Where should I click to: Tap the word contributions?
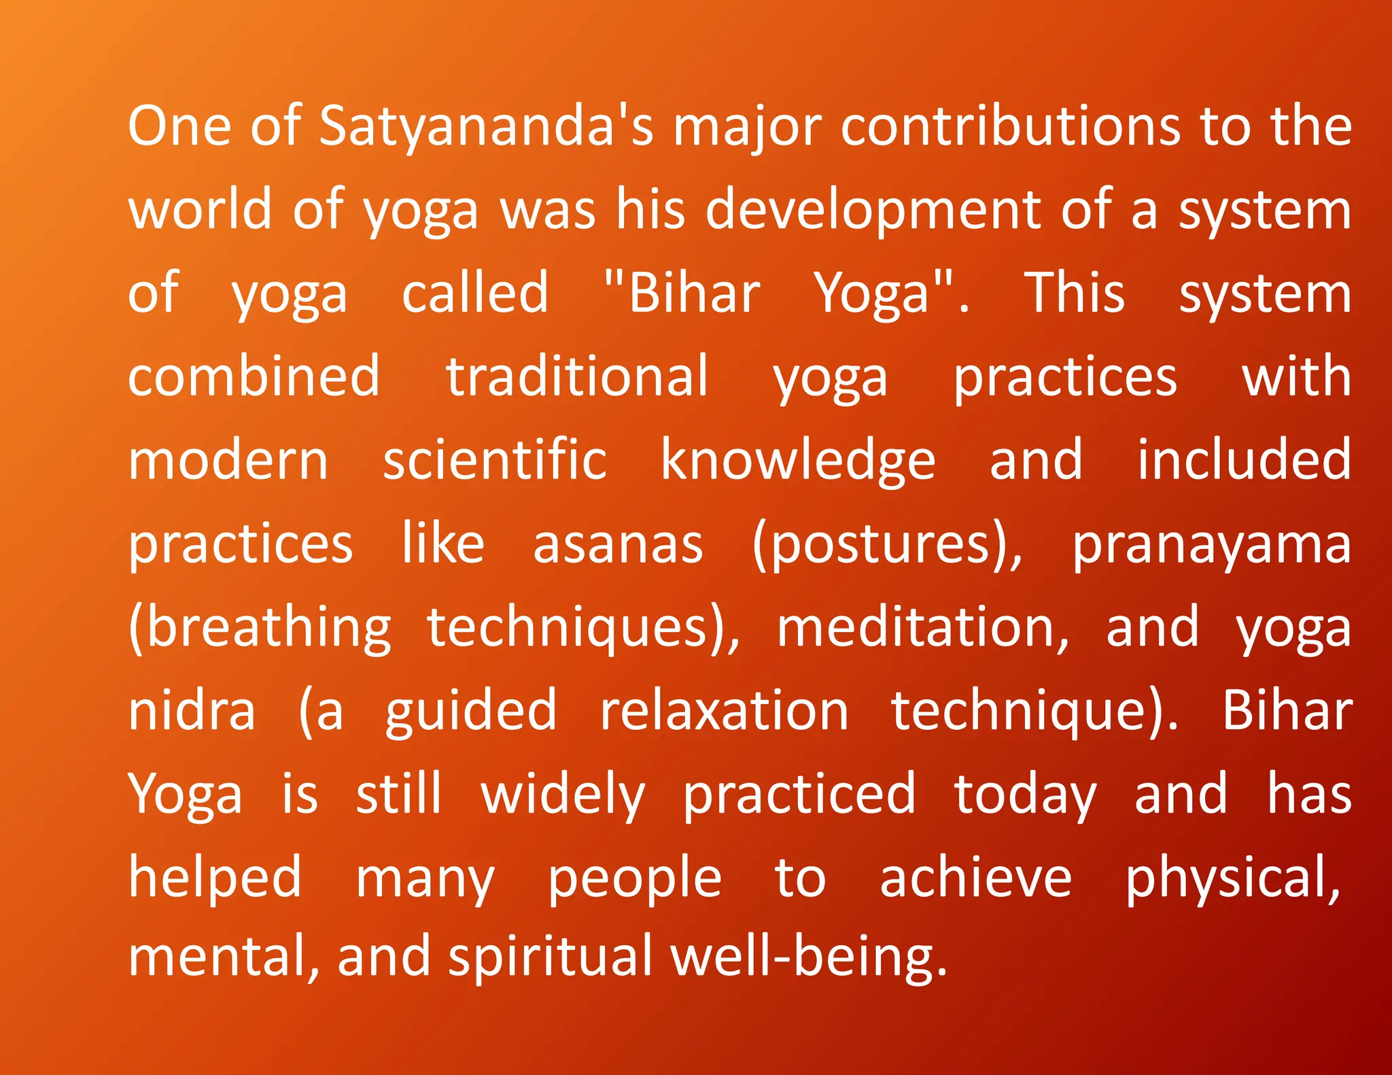[x=1011, y=127]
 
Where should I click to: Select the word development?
[x=873, y=211]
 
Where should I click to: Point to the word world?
[x=201, y=209]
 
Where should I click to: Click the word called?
[x=474, y=294]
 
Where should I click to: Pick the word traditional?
[x=577, y=377]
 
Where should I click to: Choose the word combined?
[x=254, y=377]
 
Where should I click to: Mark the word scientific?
[x=494, y=461]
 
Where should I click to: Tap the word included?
[x=1244, y=461]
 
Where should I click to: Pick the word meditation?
[x=922, y=629]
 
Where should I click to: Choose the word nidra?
[x=192, y=711]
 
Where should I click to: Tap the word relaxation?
[x=724, y=711]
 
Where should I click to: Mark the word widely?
[x=563, y=795]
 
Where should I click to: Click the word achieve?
[x=975, y=879]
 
